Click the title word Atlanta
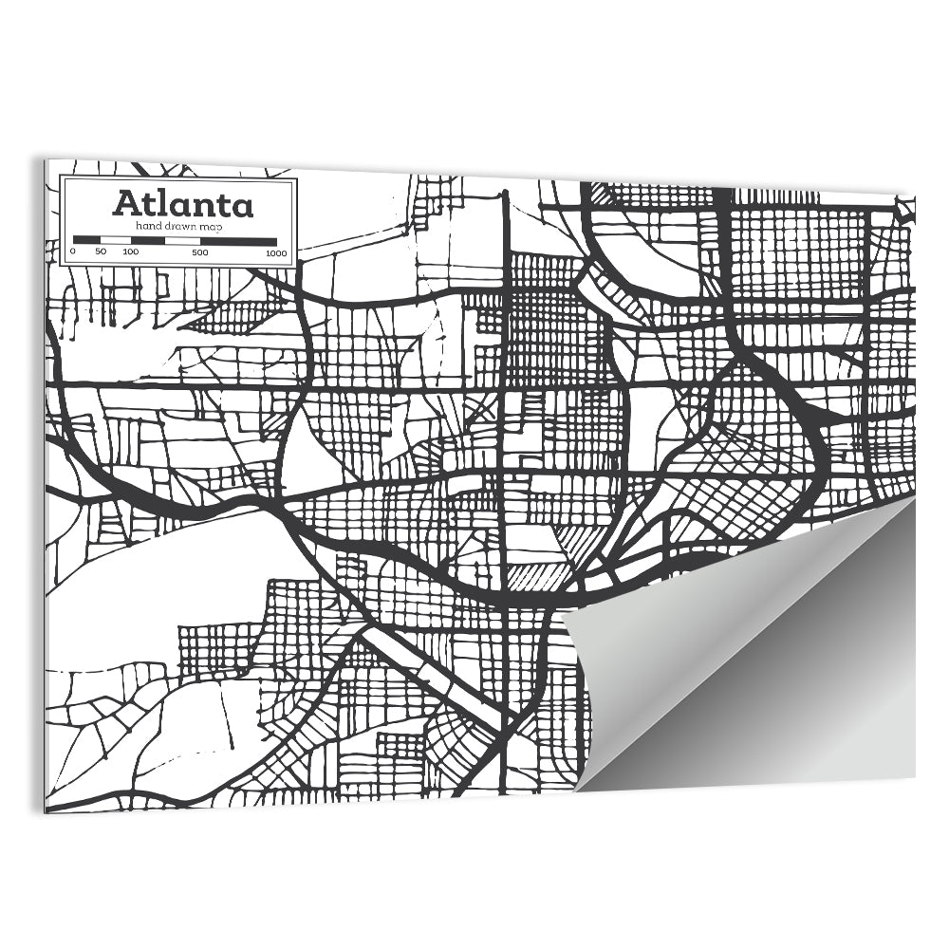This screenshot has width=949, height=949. [183, 204]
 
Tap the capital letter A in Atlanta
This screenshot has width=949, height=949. [126, 204]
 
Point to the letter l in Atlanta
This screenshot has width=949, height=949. [162, 203]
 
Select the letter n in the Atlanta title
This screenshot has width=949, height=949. [204, 206]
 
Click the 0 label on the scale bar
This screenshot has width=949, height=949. [73, 252]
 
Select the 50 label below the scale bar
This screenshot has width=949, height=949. [101, 252]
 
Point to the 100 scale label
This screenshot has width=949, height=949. [130, 252]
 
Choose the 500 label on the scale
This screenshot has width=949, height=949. [200, 252]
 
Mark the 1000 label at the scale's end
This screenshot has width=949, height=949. [276, 252]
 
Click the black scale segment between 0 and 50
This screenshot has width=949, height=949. [87, 241]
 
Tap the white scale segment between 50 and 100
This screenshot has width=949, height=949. [115, 241]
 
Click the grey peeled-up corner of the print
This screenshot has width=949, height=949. [759, 645]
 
